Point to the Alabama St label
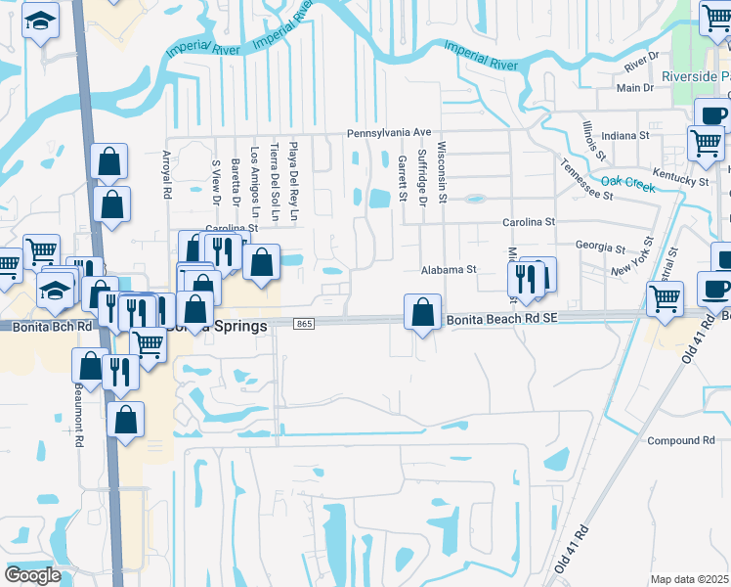tap(448, 269)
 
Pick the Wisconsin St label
tap(442, 171)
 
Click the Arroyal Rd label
tap(166, 175)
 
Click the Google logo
tap(31, 575)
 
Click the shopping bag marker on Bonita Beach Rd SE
tap(422, 313)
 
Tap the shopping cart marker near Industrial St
tap(666, 298)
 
